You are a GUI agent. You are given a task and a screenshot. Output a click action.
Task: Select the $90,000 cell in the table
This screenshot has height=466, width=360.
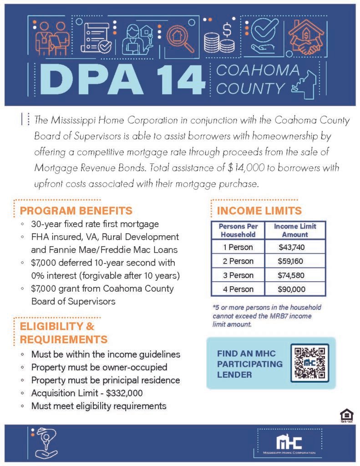coord(292,289)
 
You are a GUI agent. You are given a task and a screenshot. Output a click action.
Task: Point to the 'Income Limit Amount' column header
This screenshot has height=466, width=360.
coord(294,230)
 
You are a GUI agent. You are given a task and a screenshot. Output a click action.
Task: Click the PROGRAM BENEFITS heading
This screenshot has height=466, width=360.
coord(76,211)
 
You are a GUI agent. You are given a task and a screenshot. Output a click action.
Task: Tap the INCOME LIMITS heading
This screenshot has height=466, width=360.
coord(259,211)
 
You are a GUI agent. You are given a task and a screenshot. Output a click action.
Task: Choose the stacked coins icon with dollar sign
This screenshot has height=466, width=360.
coord(220,38)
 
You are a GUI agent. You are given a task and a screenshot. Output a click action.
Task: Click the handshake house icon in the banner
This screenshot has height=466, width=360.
coord(304,36)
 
